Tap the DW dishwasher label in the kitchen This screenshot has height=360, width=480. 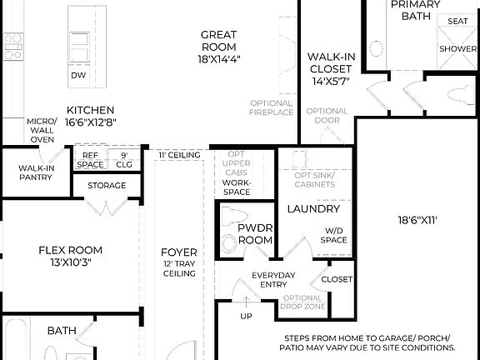(x=78, y=75)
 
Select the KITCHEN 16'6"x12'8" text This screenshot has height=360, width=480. (x=91, y=116)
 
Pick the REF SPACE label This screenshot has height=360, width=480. (x=90, y=160)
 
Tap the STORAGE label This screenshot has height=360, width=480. (x=107, y=186)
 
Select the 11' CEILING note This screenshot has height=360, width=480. (x=178, y=155)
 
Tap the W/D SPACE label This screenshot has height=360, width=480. (x=333, y=235)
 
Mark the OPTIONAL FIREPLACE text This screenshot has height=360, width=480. (x=272, y=108)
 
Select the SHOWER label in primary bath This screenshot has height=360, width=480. (x=457, y=48)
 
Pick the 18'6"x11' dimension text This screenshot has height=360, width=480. (x=416, y=221)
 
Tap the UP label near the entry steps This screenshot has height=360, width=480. (x=245, y=317)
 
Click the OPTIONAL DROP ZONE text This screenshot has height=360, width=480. (x=303, y=302)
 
